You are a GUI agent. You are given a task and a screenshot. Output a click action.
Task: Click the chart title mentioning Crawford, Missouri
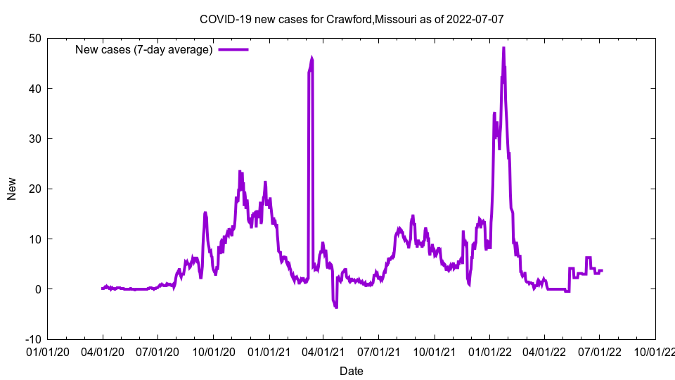[x=352, y=19]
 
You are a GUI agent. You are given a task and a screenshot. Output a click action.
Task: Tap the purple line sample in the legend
[x=233, y=49]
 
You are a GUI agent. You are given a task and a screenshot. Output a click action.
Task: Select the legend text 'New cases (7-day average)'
[x=144, y=49]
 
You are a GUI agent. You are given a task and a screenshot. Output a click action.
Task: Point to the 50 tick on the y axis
[x=34, y=38]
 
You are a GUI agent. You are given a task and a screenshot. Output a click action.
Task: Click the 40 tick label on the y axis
[x=34, y=88]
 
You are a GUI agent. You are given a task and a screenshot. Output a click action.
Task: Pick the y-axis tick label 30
[x=34, y=139]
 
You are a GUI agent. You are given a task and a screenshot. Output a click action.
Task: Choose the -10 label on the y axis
[x=32, y=339]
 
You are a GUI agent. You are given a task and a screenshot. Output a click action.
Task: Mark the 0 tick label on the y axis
[x=37, y=289]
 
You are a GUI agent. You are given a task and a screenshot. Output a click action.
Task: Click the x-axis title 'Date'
[x=352, y=371]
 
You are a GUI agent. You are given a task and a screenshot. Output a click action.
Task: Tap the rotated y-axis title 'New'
[x=12, y=189]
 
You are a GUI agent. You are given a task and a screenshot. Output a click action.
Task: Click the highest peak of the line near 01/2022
[x=503, y=48]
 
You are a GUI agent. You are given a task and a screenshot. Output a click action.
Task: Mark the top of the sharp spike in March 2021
[x=311, y=59]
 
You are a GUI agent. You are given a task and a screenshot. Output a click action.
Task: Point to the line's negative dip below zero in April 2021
[x=335, y=307]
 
